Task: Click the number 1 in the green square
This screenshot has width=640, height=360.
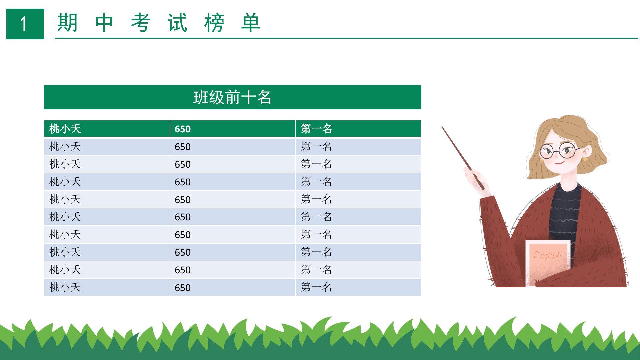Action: [24, 24]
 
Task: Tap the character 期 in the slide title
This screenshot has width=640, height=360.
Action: [67, 23]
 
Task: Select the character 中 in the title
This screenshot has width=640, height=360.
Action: [104, 23]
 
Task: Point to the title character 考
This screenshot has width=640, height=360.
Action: [141, 23]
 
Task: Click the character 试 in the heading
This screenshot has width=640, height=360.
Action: [177, 23]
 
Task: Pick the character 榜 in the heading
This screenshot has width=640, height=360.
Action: [214, 23]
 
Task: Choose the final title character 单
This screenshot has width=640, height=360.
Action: [251, 23]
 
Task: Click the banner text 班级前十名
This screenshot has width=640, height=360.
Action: [232, 97]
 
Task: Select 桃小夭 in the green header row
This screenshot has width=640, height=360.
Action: [65, 129]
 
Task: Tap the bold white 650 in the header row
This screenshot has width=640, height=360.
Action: [183, 129]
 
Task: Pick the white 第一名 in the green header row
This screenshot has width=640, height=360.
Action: [316, 129]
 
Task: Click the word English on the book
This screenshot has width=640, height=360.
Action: [547, 255]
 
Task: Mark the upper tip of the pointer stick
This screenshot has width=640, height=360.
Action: [442, 127]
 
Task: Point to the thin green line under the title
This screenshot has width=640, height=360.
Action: [346, 38]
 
